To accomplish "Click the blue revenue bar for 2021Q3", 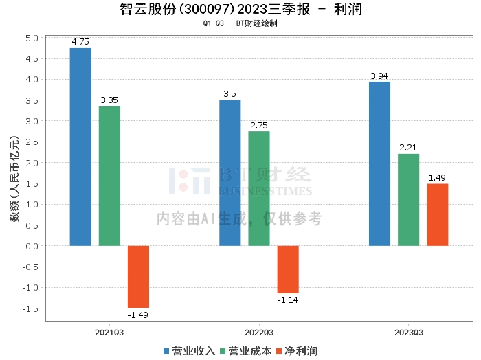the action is pos(80,147).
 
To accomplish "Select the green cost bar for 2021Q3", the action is pos(109,176).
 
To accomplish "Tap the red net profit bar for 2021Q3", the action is pos(138,277).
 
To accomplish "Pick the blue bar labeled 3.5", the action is pos(230,173).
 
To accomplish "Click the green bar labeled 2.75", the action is pos(259,188).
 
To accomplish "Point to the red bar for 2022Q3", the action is pos(288,269).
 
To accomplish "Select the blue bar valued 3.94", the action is pos(379,164).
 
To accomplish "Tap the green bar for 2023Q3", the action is pos(409,200).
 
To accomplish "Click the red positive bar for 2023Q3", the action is pos(438,214).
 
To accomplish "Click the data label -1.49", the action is pos(138,315).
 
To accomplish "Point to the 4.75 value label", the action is pos(80,42).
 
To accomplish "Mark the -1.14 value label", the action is pos(288,300).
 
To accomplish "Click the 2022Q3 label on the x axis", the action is pos(259,333).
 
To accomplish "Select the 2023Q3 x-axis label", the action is pos(409,333).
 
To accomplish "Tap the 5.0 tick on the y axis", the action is pos(32,38).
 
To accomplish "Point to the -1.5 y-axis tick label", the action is pos(31,308).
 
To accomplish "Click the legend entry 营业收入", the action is pos(189,351).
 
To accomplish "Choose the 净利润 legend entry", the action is pos(297,351).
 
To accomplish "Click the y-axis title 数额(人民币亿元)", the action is pos(14,179).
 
